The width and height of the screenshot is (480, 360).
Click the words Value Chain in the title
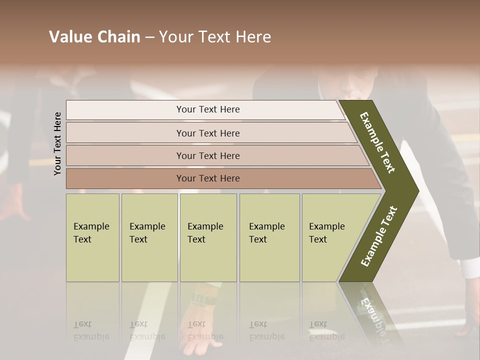pyautogui.click(x=94, y=37)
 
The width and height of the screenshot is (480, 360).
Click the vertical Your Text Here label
pyautogui.click(x=57, y=143)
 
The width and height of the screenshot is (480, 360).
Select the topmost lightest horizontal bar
pyautogui.click(x=207, y=109)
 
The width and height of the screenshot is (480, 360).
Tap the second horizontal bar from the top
pyautogui.click(x=207, y=133)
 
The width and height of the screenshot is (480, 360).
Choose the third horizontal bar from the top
pyautogui.click(x=207, y=155)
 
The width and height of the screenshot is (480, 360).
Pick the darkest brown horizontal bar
pyautogui.click(x=207, y=178)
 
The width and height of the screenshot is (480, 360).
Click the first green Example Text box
pyautogui.click(x=92, y=237)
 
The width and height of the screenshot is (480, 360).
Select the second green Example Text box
pyautogui.click(x=149, y=237)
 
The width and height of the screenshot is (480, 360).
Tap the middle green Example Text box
pyautogui.click(x=208, y=237)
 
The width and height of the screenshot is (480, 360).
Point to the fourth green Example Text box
pyautogui.click(x=269, y=237)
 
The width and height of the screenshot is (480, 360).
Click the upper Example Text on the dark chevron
pyautogui.click(x=378, y=142)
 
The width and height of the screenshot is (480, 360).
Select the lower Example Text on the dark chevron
pyautogui.click(x=379, y=236)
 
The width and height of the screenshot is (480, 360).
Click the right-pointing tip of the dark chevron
pyautogui.click(x=415, y=191)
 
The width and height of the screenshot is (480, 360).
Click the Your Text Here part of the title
pyautogui.click(x=215, y=37)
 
